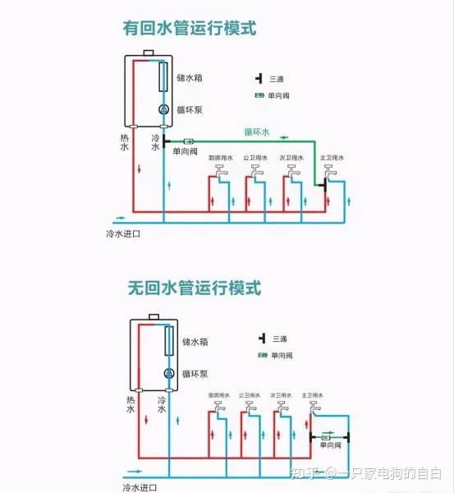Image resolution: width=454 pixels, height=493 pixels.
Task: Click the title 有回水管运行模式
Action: click(190, 28)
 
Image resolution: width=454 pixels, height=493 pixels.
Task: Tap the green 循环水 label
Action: click(256, 131)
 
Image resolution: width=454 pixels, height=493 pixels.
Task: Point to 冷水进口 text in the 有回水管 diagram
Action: click(123, 234)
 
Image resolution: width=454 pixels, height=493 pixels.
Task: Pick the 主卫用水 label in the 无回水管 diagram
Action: click(313, 395)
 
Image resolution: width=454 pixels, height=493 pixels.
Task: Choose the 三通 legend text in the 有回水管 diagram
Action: click(277, 79)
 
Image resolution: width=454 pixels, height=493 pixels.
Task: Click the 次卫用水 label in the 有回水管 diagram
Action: click(288, 157)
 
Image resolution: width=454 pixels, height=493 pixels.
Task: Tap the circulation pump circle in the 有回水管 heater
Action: click(163, 109)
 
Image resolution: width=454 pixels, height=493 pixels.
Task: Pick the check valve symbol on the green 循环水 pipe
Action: click(189, 141)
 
